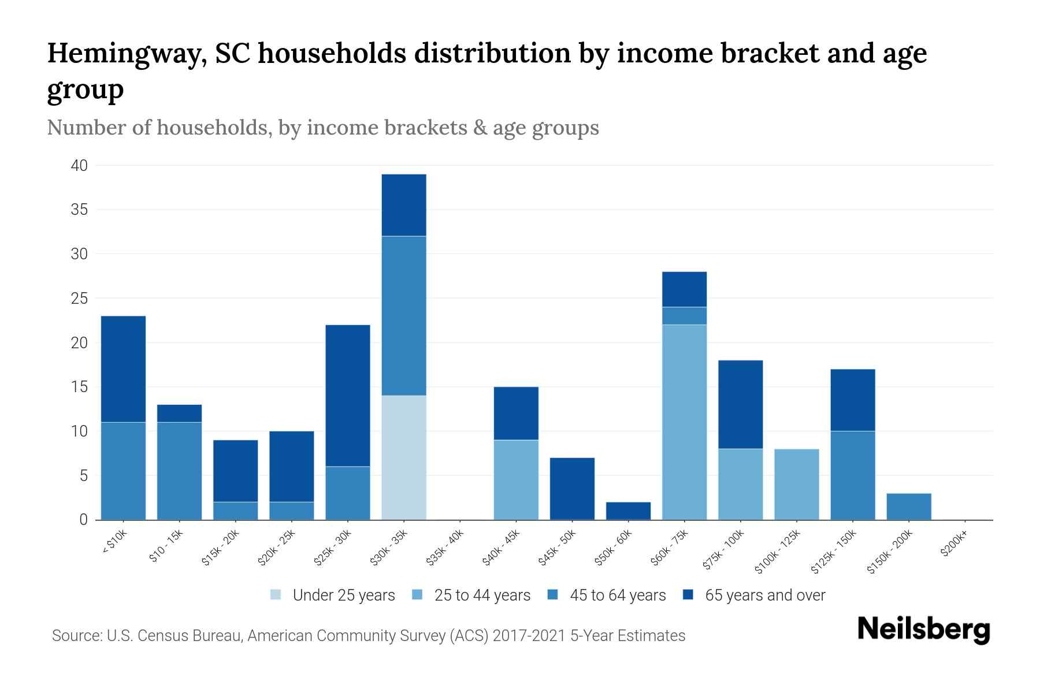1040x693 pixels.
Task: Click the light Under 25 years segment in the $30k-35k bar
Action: (404, 457)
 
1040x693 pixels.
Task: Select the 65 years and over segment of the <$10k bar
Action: (123, 369)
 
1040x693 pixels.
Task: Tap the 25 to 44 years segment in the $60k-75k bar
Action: (684, 422)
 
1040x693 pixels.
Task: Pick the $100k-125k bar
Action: (796, 484)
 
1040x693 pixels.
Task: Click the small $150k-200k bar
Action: (908, 506)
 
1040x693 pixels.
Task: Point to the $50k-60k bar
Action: (628, 511)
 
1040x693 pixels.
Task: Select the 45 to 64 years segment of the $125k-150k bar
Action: (852, 475)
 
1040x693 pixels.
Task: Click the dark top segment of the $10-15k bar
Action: (179, 413)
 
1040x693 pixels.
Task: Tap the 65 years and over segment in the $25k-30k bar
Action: (348, 396)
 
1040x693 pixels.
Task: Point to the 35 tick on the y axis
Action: (79, 210)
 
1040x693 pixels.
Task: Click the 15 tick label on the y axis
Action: (79, 387)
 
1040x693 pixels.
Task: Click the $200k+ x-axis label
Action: (953, 544)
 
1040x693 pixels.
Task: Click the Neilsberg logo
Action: (924, 629)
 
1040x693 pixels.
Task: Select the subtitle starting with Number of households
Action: (322, 128)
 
